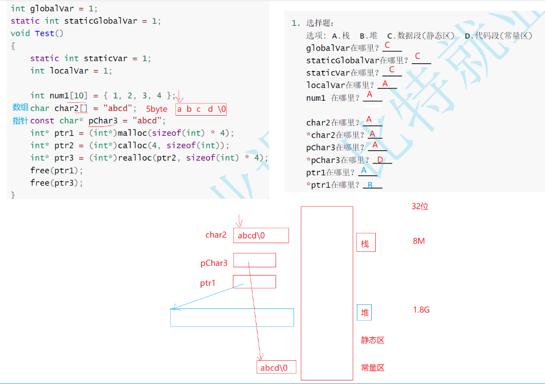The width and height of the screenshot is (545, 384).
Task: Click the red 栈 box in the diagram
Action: pyautogui.click(x=366, y=243)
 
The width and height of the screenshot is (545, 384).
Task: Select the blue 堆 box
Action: pyautogui.click(x=364, y=313)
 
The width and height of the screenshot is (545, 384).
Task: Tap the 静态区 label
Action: pyautogui.click(x=373, y=340)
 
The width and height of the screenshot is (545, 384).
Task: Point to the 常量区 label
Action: pyautogui.click(x=373, y=368)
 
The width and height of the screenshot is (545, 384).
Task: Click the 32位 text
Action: pyautogui.click(x=420, y=206)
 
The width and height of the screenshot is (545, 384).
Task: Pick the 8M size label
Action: pyautogui.click(x=419, y=241)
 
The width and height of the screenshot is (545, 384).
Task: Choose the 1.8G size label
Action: pyautogui.click(x=421, y=310)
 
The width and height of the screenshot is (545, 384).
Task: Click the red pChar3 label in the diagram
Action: pyautogui.click(x=214, y=263)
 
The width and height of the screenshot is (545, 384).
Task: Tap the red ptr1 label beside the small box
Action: pyautogui.click(x=208, y=283)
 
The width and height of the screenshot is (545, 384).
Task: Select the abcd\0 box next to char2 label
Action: pyautogui.click(x=261, y=235)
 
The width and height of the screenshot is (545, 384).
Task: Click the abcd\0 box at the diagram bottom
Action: pyautogui.click(x=276, y=367)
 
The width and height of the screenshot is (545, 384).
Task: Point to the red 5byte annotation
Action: pyautogui.click(x=157, y=109)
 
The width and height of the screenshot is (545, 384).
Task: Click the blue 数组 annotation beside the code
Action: pyautogui.click(x=21, y=107)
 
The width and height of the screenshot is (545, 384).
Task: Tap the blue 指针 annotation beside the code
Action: pyautogui.click(x=21, y=121)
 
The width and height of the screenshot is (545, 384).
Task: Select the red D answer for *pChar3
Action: pyautogui.click(x=380, y=160)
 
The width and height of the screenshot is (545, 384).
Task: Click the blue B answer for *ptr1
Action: pyautogui.click(x=369, y=185)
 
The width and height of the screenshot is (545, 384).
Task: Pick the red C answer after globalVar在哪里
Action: pyautogui.click(x=387, y=45)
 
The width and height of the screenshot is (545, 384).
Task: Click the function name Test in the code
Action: pyautogui.click(x=45, y=33)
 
